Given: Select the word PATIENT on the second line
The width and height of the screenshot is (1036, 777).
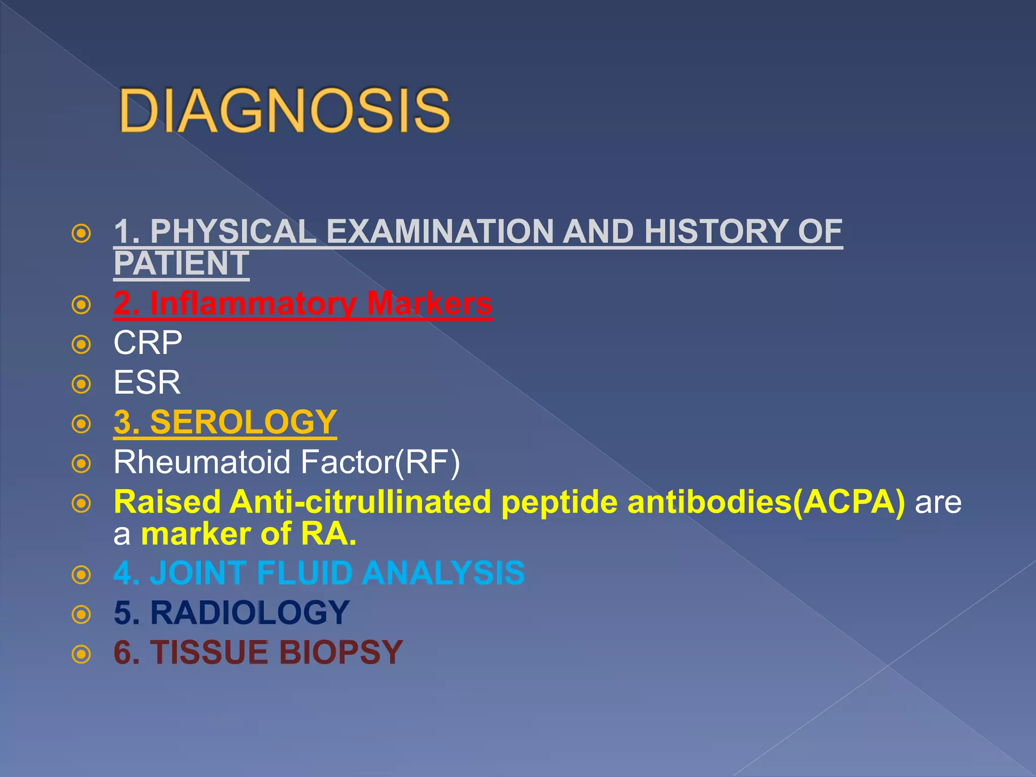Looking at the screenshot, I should click(181, 264).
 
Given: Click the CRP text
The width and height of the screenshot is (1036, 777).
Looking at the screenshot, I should click(148, 343).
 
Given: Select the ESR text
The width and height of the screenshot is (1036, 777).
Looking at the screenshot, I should click(147, 382).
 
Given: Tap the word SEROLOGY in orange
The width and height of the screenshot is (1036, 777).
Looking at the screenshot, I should click(243, 422).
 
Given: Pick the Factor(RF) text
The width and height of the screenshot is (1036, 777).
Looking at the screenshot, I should click(379, 462).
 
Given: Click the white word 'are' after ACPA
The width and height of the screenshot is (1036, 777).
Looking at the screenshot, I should click(938, 502).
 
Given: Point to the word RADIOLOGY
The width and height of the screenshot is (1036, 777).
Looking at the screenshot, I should click(250, 613).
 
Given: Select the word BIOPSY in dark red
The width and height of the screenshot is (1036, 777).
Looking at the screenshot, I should click(341, 652).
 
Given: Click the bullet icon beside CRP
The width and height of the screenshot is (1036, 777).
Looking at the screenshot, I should click(81, 344).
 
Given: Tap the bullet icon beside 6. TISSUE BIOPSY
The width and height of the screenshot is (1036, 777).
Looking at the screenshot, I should click(81, 654).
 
